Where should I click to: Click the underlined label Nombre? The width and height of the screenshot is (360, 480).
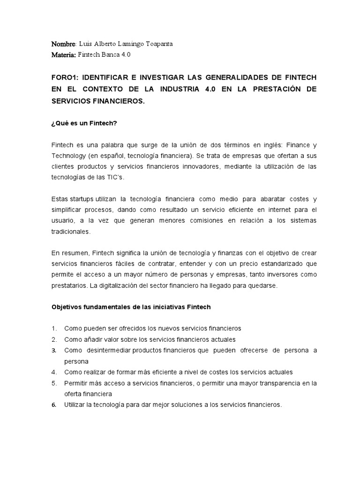click(x=63, y=44)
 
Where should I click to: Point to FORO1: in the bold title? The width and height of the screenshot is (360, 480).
click(x=65, y=76)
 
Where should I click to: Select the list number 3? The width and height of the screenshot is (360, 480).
click(x=54, y=351)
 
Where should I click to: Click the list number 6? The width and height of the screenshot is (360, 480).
click(x=54, y=405)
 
